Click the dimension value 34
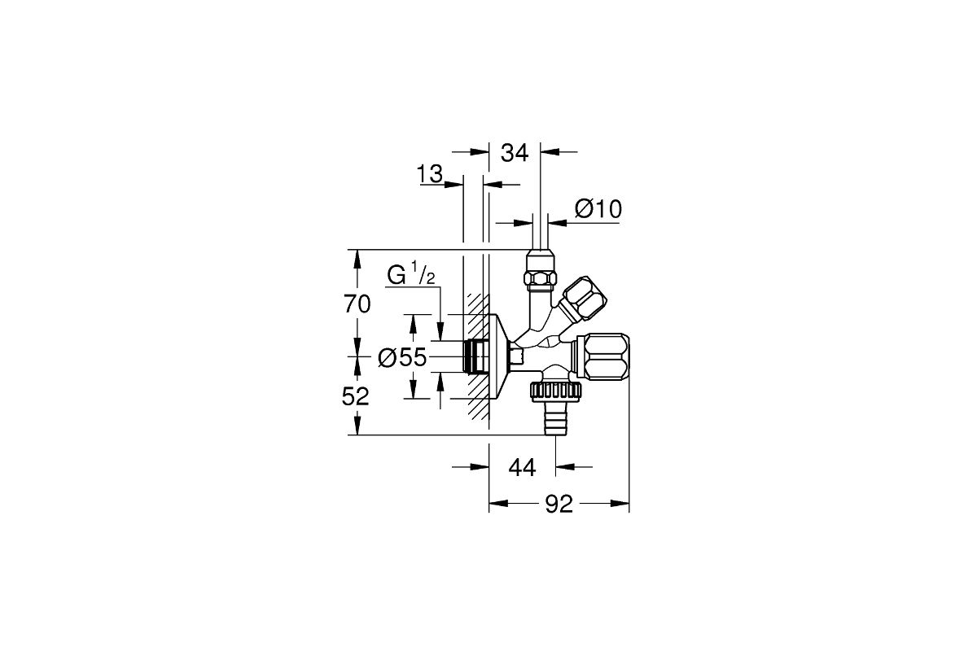(x=515, y=153)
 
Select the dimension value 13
(x=430, y=173)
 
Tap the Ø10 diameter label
(x=598, y=209)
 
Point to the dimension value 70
(x=357, y=304)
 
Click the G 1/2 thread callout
(x=411, y=273)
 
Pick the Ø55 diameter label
(x=401, y=357)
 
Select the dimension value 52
(x=356, y=397)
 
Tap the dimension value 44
(x=522, y=468)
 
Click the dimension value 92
(x=559, y=505)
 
